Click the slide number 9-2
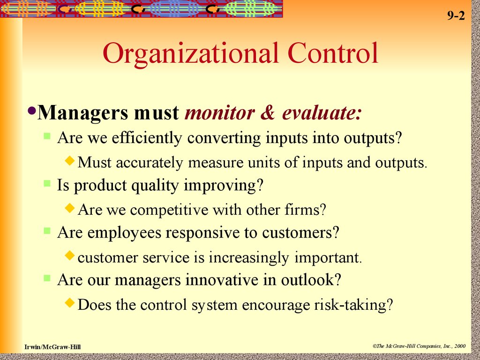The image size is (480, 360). [x=456, y=15]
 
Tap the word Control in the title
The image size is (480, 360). [x=333, y=52]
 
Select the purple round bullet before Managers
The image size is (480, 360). [x=31, y=110]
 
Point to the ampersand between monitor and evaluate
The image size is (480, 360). [x=268, y=112]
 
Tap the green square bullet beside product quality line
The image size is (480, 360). [x=47, y=183]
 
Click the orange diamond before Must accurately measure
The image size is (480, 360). [x=70, y=160]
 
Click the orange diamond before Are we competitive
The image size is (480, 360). [x=70, y=208]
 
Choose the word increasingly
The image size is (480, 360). [x=248, y=258]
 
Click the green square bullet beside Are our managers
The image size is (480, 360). [x=47, y=278]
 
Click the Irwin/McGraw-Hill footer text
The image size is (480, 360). [x=52, y=347]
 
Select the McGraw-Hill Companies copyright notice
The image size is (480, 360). [x=419, y=346]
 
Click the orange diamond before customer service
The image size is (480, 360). [x=70, y=255]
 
